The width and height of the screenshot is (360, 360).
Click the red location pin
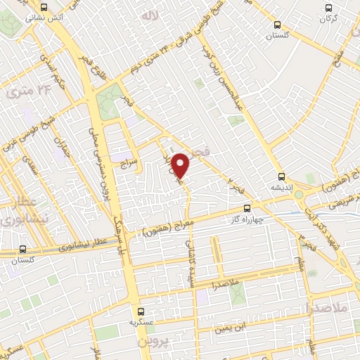pos(181,165)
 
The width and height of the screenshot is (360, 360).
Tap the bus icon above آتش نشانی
pos(44,6)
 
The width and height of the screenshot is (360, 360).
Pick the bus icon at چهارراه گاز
pos(247,208)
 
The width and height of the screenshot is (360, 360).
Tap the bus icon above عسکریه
pos(141,311)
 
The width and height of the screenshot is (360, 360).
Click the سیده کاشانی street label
pos(190,259)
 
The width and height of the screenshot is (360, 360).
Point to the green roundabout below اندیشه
pos(299,194)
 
